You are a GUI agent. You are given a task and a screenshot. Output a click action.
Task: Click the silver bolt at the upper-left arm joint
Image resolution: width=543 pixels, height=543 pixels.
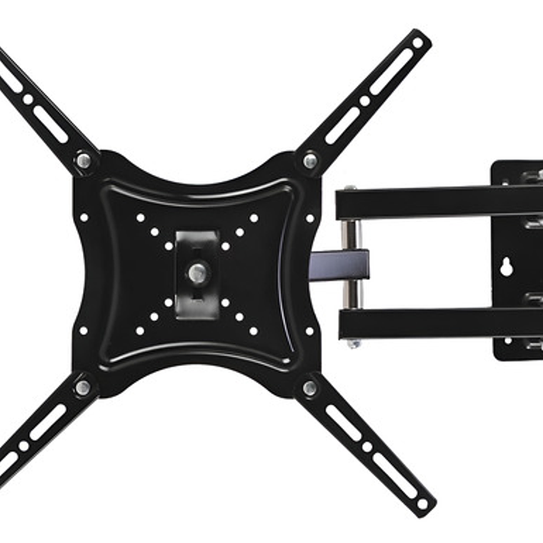(84, 161)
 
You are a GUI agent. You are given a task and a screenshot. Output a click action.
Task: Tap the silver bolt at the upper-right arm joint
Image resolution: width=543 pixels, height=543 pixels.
(309, 161)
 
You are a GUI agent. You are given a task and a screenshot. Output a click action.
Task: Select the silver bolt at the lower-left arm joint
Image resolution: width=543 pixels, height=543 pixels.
(84, 387)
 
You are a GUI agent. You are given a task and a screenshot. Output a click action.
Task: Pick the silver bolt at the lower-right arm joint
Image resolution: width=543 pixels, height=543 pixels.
(309, 387)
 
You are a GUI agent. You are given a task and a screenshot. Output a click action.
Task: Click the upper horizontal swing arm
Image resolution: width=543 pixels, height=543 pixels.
(436, 202)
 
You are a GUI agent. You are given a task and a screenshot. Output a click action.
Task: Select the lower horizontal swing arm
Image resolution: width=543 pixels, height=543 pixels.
(436, 323)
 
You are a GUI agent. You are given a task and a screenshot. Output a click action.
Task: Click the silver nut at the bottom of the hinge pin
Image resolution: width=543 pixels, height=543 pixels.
(352, 344)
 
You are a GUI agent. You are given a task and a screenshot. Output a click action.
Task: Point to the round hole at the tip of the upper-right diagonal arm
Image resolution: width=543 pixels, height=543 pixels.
(417, 43)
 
